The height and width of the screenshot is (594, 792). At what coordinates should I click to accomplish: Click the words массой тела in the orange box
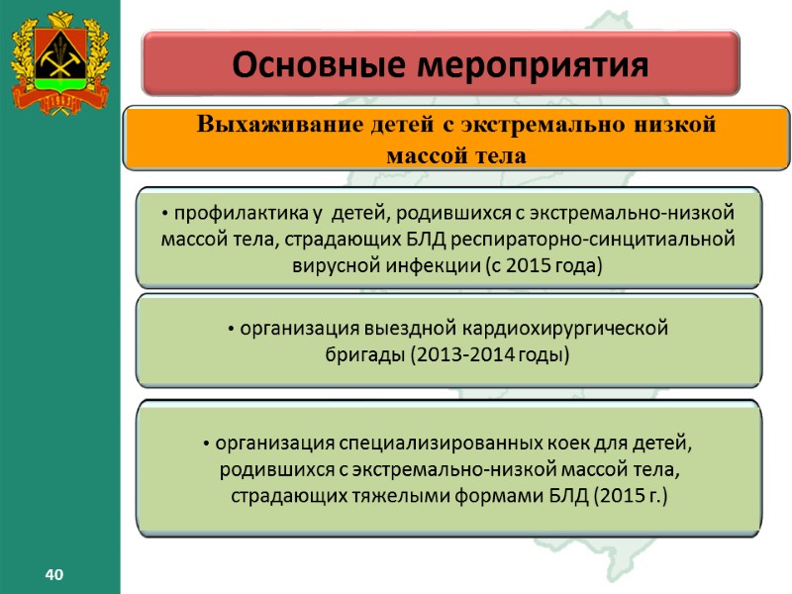click(454, 155)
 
